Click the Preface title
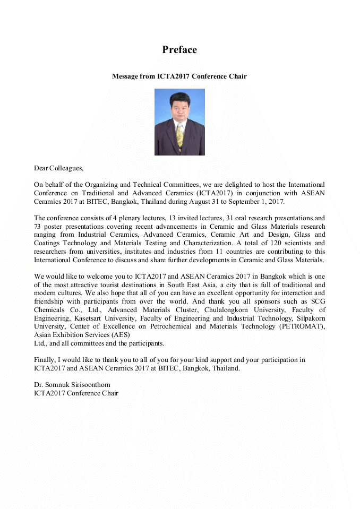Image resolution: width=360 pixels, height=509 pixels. tap(179, 50)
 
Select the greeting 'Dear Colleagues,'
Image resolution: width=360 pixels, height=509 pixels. tap(58, 168)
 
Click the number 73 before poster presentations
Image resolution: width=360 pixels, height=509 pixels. tap(38, 227)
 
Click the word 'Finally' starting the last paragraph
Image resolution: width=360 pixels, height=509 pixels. tap(44, 360)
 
